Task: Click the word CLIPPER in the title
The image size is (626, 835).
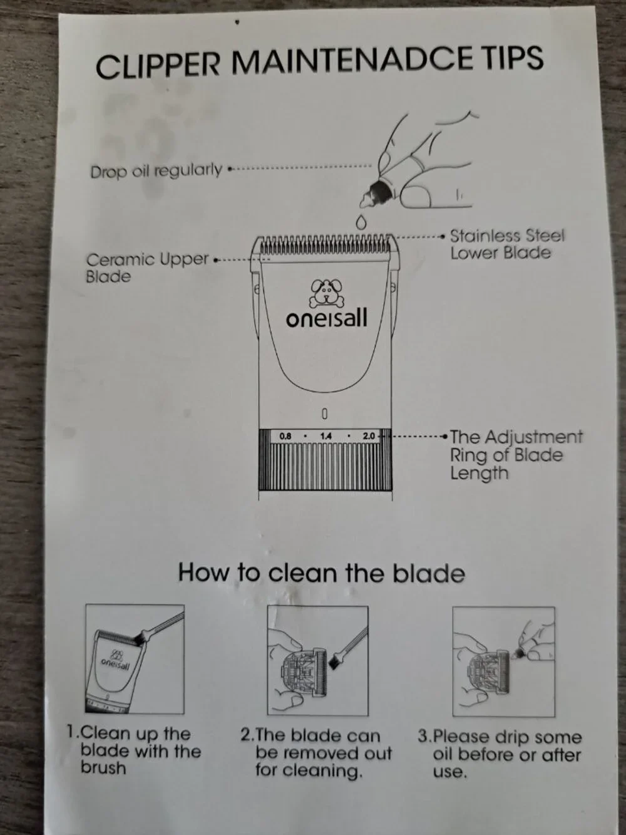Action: tap(158, 66)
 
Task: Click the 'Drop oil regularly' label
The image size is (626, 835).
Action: tap(156, 170)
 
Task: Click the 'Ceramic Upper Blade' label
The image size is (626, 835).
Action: tap(147, 267)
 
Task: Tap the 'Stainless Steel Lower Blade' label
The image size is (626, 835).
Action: tap(507, 244)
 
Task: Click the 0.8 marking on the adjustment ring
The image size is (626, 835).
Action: tap(285, 436)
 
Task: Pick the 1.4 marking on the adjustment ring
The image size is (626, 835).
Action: tap(326, 436)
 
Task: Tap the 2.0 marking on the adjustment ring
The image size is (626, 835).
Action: tap(369, 436)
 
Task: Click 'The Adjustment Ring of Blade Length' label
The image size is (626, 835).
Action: tap(516, 455)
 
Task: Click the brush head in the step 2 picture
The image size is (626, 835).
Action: tap(336, 663)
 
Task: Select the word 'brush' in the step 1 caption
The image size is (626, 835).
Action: tap(103, 768)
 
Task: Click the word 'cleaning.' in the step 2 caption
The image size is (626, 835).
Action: tap(307, 770)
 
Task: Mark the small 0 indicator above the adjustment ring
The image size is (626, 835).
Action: tap(324, 413)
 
